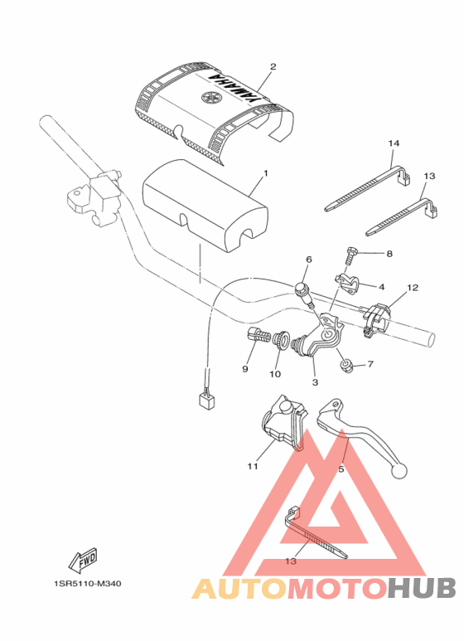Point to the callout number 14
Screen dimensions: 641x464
(394, 143)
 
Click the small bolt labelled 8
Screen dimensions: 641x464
(350, 252)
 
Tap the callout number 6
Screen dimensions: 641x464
(308, 260)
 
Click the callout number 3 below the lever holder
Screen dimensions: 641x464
(315, 382)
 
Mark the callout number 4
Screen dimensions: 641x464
(381, 287)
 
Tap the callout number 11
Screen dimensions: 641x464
(252, 466)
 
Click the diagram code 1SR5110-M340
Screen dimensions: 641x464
(83, 584)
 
